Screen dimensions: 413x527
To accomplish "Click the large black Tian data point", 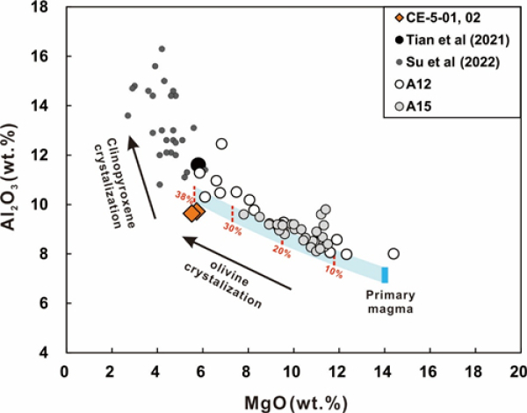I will pyautogui.click(x=199, y=164).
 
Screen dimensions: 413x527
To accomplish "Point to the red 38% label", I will pyautogui.click(x=183, y=196).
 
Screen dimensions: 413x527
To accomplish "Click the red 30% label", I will pyautogui.click(x=232, y=229).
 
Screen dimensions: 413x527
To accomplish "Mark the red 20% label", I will pyautogui.click(x=281, y=251).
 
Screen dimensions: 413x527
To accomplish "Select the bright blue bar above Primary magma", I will pyautogui.click(x=385, y=273).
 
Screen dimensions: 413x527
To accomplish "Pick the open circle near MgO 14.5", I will pyautogui.click(x=393, y=254).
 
